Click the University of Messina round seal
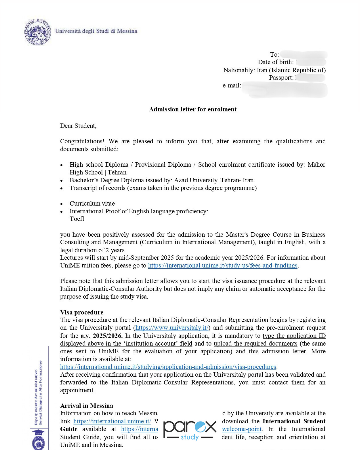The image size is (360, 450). click(37, 32)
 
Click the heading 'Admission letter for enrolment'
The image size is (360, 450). click(193, 109)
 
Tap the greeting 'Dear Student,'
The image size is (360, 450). click(78, 126)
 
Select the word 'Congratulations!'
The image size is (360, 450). click(82, 141)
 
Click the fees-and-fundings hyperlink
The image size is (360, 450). click(223, 266)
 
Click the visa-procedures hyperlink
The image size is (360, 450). click(168, 367)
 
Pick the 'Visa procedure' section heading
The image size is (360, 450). click(82, 312)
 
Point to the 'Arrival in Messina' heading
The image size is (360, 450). click(86, 406)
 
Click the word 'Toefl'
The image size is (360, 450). click(77, 219)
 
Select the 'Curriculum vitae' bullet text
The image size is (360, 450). click(92, 204)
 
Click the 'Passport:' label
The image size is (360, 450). click(281, 78)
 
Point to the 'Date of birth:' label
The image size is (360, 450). click(276, 62)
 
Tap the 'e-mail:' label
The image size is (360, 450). click(232, 86)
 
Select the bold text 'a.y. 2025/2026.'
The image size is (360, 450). click(101, 336)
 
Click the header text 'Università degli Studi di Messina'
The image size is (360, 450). click(96, 31)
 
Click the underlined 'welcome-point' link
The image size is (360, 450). click(242, 429)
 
